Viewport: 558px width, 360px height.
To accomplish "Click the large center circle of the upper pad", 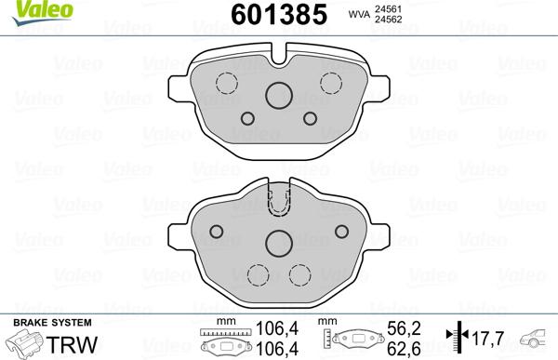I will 278,95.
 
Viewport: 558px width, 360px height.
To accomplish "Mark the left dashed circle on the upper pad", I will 225,81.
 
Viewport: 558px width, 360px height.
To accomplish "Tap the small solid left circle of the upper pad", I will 248,118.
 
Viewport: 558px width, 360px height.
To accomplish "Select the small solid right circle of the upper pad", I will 309,118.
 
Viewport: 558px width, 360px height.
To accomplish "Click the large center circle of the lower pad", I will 278,243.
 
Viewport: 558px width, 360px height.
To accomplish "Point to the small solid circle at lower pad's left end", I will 215,232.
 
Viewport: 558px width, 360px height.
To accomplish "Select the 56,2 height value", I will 397,327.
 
